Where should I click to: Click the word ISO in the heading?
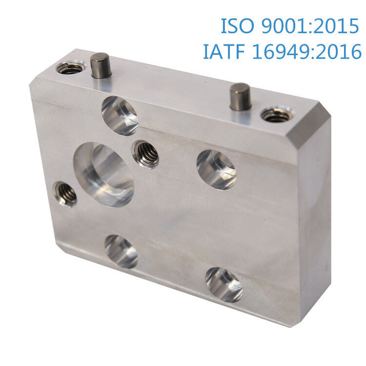pyautogui.click(x=237, y=26)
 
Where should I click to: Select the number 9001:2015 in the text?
pyautogui.click(x=310, y=26)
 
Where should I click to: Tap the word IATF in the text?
pyautogui.click(x=224, y=51)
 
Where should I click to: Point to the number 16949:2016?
pyautogui.click(x=307, y=51)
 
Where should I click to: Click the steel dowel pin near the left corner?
pyautogui.click(x=101, y=65)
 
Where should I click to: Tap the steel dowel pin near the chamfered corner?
pyautogui.click(x=241, y=97)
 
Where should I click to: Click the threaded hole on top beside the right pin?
pyautogui.click(x=277, y=114)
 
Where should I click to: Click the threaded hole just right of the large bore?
pyautogui.click(x=145, y=154)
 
